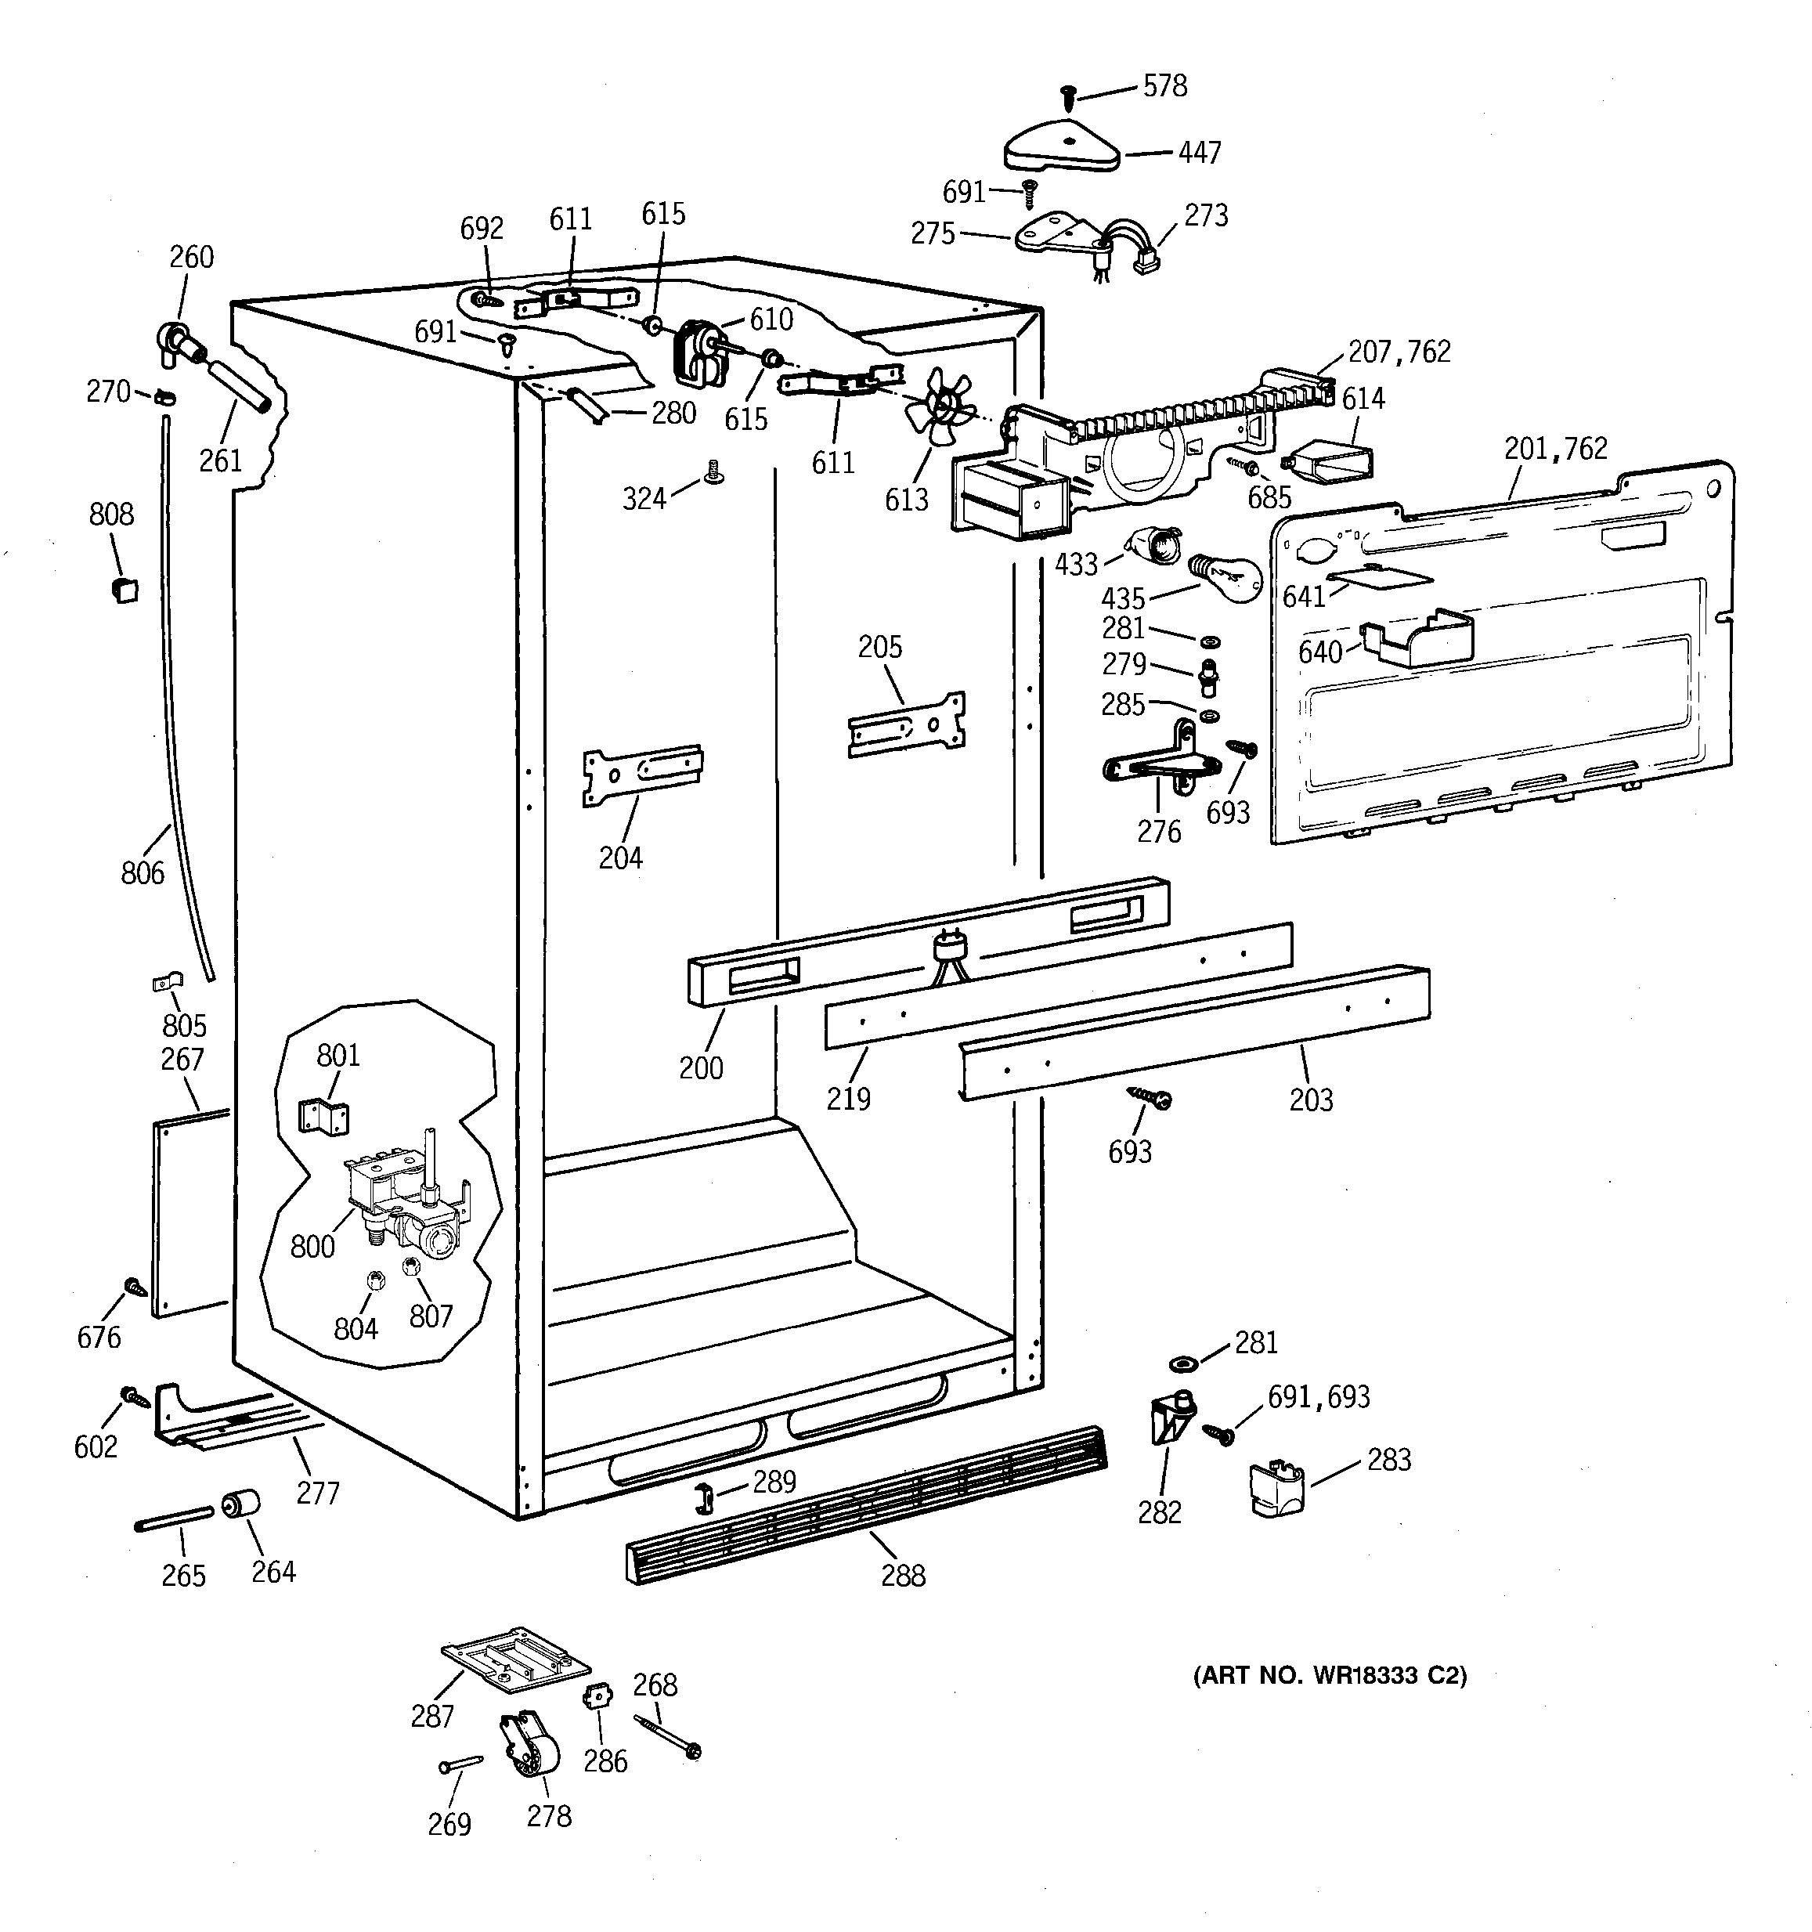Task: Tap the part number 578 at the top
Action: click(1165, 86)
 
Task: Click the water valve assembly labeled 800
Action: click(403, 1201)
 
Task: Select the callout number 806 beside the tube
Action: click(142, 872)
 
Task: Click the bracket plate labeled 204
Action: click(642, 774)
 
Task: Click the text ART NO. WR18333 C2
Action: click(1329, 1675)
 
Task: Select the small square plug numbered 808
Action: click(125, 589)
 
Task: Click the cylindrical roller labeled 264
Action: click(241, 1504)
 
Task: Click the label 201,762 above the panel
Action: click(1555, 448)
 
